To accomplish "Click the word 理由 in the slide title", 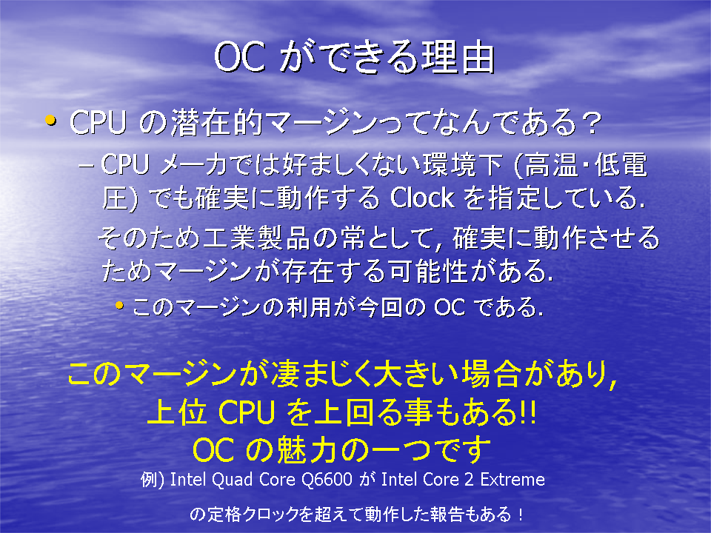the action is point(458,57).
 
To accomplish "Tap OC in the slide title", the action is point(239,58).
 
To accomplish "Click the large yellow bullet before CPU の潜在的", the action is point(51,121).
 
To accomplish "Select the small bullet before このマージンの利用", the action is point(119,306).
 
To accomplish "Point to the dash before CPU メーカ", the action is point(86,165).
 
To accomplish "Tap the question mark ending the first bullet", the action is point(591,122).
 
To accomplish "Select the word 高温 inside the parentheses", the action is point(551,164).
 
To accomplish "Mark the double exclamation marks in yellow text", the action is point(528,412).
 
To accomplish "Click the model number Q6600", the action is point(327,479).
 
